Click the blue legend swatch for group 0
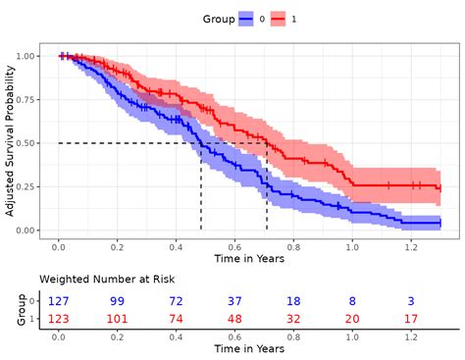click(245, 19)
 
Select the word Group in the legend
click(217, 19)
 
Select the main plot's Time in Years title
click(250, 259)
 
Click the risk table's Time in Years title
click(250, 348)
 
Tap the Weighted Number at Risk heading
click(98, 279)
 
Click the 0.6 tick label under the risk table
click(235, 335)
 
